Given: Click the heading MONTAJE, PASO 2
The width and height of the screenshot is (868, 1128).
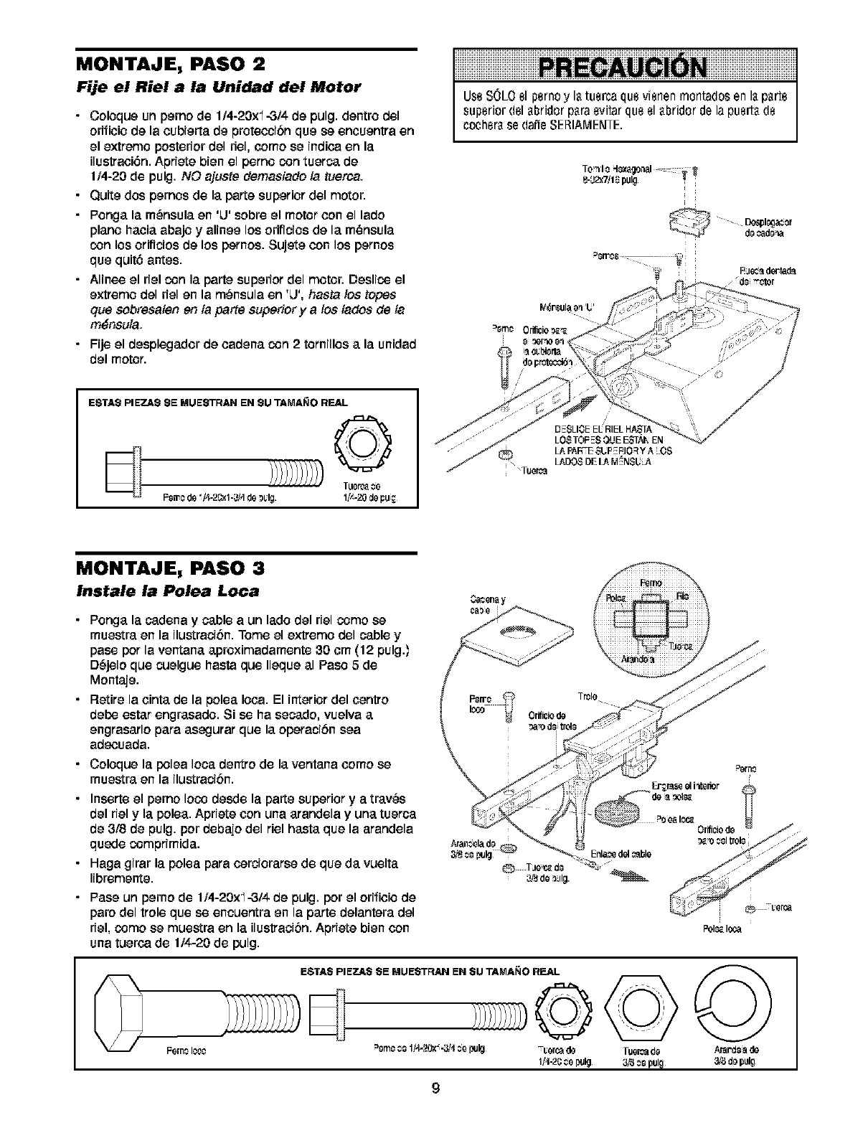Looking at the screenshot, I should point(171,63).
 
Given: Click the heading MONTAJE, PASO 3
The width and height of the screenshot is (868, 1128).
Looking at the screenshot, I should point(171,569).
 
